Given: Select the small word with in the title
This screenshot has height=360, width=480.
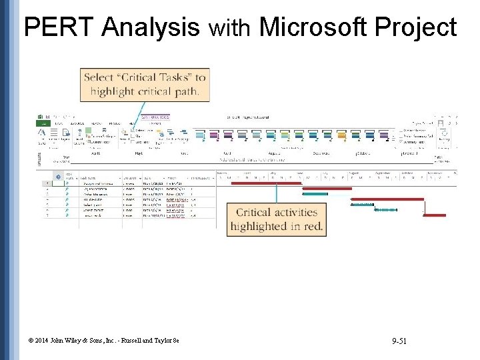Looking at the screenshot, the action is point(229,29).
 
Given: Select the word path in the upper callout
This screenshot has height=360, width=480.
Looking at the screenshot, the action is point(185,91).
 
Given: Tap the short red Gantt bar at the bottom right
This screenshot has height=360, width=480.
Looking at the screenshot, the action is point(435,215).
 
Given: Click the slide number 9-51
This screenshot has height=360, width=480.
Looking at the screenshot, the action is point(400,342).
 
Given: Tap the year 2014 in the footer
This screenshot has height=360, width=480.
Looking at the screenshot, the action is point(42,343).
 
